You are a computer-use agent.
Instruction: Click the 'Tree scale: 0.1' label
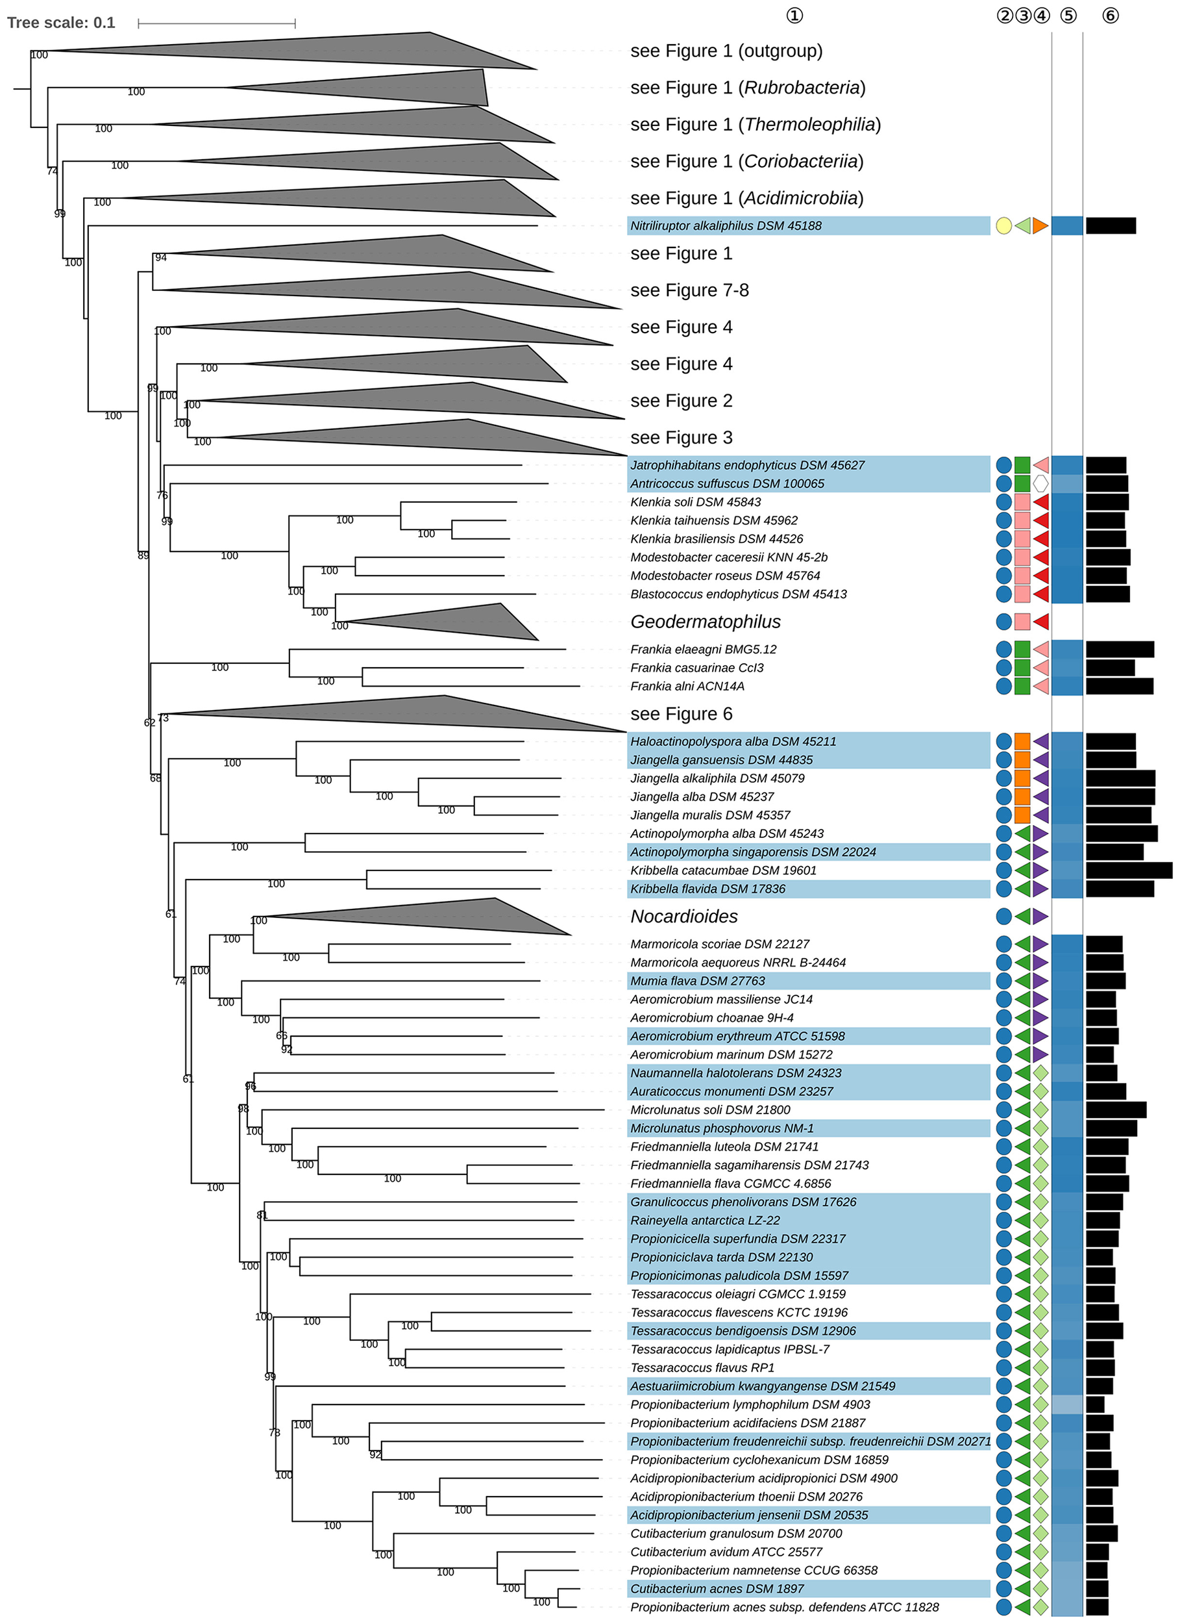(x=61, y=23)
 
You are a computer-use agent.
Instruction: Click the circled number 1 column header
(x=794, y=16)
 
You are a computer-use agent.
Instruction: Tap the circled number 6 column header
(x=1110, y=16)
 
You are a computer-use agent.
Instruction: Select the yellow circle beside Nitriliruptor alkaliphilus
(x=1004, y=226)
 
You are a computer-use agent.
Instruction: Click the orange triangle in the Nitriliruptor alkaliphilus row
(x=1040, y=226)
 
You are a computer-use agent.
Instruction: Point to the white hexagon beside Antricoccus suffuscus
(x=1040, y=483)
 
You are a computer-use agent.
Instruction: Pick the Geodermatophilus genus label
(x=705, y=622)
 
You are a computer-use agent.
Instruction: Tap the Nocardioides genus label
(x=683, y=917)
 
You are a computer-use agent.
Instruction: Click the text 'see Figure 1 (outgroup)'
(x=726, y=51)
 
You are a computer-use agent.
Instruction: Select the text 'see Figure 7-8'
(x=689, y=290)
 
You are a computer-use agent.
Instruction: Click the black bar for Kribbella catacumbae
(x=1129, y=870)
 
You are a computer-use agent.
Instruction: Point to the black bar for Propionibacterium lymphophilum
(x=1095, y=1404)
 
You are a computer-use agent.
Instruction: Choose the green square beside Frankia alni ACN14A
(x=1022, y=686)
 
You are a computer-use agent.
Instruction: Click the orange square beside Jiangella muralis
(x=1022, y=815)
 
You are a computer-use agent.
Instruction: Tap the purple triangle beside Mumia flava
(x=1040, y=981)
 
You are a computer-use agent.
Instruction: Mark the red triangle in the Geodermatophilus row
(x=1041, y=622)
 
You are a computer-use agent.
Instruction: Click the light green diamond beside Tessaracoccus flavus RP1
(x=1040, y=1367)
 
